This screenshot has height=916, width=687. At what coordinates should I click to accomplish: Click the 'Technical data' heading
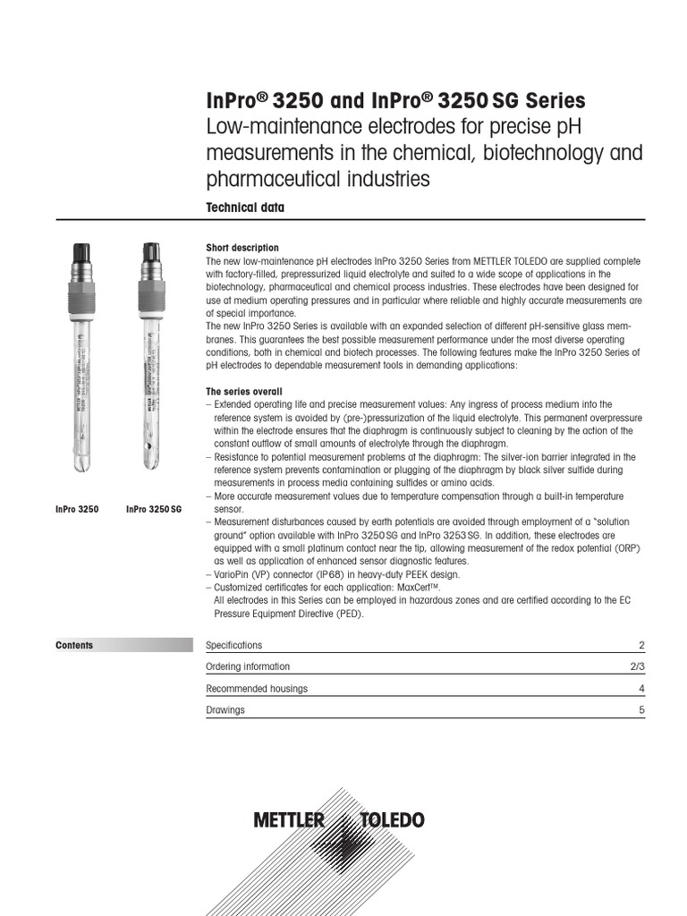(245, 208)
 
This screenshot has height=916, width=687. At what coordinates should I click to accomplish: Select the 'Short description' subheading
(242, 248)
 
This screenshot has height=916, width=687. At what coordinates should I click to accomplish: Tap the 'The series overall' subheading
(243, 392)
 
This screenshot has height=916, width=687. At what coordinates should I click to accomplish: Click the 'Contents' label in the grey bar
(74, 645)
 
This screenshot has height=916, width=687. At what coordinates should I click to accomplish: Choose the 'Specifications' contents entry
(234, 645)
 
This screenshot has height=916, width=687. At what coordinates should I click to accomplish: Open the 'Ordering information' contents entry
(248, 666)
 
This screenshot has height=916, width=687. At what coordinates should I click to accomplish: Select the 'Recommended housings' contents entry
(257, 688)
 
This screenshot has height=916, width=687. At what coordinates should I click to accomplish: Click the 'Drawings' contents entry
(225, 709)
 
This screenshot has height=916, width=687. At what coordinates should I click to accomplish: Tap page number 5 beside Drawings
(641, 709)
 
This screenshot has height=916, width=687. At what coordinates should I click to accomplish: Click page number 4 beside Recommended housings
(641, 688)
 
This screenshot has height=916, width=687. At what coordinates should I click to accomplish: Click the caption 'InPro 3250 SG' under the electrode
(154, 509)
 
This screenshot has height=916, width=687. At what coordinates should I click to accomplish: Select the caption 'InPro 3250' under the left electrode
(77, 509)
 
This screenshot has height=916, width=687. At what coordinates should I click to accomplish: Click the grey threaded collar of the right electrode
(148, 291)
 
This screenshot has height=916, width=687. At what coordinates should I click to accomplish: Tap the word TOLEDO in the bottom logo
(392, 820)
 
